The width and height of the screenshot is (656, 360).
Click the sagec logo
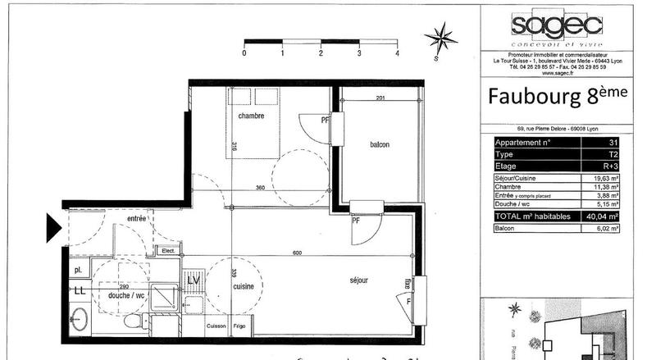pyautogui.click(x=545, y=26)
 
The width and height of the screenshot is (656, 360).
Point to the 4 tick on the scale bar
pyautogui.click(x=397, y=52)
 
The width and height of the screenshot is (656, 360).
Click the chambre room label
pyautogui.click(x=251, y=116)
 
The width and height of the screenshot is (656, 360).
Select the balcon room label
pyautogui.click(x=379, y=144)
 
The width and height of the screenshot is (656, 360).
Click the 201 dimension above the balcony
pyautogui.click(x=380, y=98)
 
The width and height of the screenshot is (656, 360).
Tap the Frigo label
pyautogui.click(x=240, y=326)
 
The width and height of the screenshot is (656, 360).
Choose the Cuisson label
pyautogui.click(x=216, y=326)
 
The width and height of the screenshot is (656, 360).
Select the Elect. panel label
pyautogui.click(x=169, y=251)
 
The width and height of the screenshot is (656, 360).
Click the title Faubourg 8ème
pyautogui.click(x=558, y=96)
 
